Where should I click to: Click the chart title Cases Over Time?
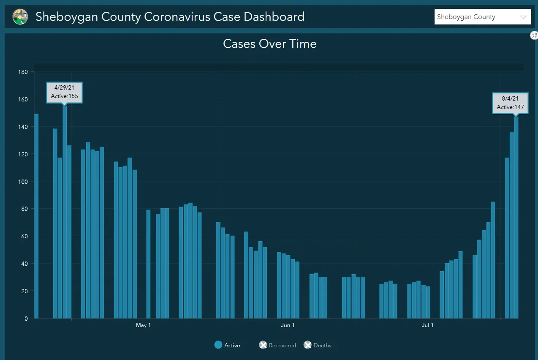tap(269, 44)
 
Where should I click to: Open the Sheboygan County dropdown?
tap(483, 17)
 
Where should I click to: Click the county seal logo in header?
tap(20, 17)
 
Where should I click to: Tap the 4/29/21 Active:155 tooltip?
tap(64, 92)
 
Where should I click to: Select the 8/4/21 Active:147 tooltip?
tap(510, 103)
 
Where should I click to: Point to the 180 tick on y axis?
tap(22, 72)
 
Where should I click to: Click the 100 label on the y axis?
tap(22, 182)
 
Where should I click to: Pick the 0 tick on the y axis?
tap(26, 319)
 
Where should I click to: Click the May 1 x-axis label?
tap(143, 325)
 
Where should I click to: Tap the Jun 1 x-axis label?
tap(288, 325)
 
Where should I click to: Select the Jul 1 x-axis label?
tap(427, 325)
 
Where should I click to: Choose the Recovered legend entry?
tap(277, 345)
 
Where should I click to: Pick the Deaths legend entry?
tap(317, 345)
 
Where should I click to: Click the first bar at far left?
tap(36, 215)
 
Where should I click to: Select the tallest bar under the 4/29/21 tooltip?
tap(65, 211)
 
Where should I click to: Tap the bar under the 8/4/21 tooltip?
tap(516, 218)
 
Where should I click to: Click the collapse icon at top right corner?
tap(534, 35)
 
